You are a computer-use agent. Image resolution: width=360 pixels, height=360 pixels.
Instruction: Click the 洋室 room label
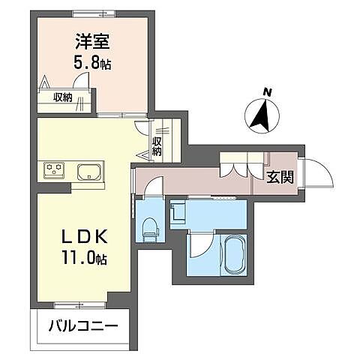pyautogui.click(x=92, y=42)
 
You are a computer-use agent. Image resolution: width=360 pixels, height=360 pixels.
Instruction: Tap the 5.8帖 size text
pyautogui.click(x=92, y=62)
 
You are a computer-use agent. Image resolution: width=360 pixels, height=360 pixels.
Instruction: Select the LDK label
pyautogui.click(x=85, y=236)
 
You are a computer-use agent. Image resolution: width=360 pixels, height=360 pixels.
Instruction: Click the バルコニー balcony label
pyautogui.click(x=83, y=325)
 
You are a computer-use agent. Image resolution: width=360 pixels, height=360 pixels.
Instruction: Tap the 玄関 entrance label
pyautogui.click(x=280, y=178)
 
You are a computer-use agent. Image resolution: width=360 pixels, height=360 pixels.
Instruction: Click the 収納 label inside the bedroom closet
pyautogui.click(x=63, y=97)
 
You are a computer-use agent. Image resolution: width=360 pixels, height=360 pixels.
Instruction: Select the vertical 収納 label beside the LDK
pyautogui.click(x=157, y=147)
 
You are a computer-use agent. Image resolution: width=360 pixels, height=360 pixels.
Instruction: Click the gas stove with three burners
pyautogui.click(x=54, y=170)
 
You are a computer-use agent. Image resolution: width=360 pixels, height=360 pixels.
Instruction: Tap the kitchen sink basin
pyautogui.click(x=89, y=172)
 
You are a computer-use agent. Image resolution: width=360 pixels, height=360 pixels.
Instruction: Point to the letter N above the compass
pyautogui.click(x=268, y=93)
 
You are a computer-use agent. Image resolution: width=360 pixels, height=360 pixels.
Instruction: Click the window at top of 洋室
pyautogui.click(x=94, y=13)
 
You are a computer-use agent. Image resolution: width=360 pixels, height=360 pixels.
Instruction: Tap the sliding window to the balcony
pyautogui.click(x=79, y=305)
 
